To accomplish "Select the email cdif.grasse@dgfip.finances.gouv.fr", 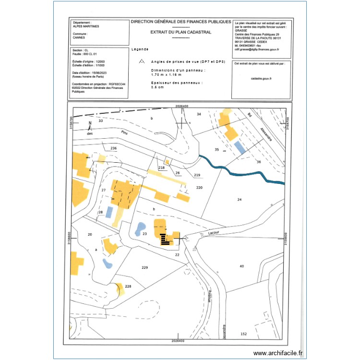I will tap(257, 49).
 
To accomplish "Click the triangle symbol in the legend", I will tap(141, 61).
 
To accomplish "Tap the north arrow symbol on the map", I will tap(90, 126).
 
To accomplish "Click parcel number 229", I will tap(145, 267).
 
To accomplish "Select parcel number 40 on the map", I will tap(241, 265).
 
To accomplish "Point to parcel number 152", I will tap(243, 334).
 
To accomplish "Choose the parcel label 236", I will tap(113, 148).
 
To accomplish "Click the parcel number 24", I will tap(239, 199).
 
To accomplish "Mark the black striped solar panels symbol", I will tap(166, 239).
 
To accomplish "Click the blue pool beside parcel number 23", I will tap(141, 227).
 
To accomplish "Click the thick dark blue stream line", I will tap(240, 172).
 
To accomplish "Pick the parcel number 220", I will tap(200, 188).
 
